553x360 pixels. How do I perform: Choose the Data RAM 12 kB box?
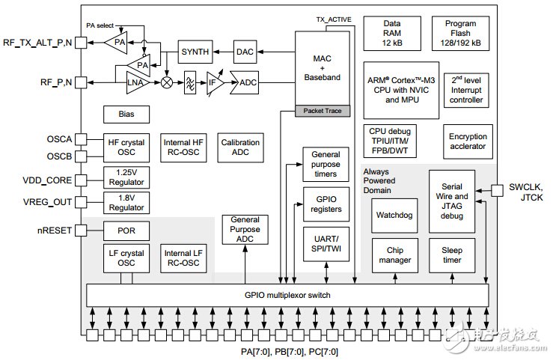391,34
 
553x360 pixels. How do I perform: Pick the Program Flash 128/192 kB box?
465,34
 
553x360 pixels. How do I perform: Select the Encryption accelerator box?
468,141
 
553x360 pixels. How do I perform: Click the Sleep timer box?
451,255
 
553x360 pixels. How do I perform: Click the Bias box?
126,115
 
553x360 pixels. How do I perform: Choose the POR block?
126,230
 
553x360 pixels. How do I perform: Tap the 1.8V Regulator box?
126,201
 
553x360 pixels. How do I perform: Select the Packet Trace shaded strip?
323,111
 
